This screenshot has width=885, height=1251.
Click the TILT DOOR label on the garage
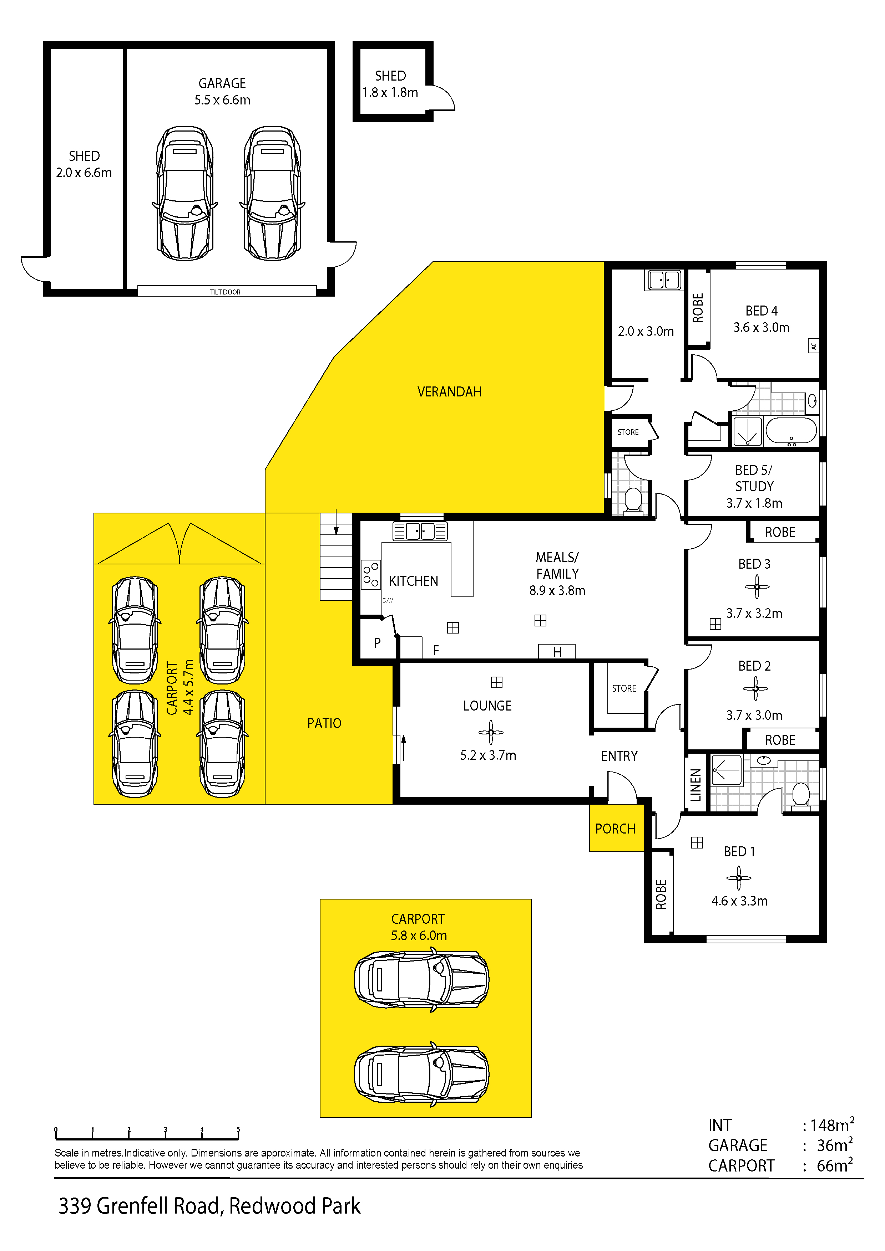coord(225,292)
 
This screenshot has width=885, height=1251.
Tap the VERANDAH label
coord(449,392)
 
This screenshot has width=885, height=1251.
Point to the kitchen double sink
coord(420,531)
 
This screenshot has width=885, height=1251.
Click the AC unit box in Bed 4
coord(813,345)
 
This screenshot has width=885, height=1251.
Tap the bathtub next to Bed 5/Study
coord(791,430)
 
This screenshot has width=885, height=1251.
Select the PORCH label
coord(615,829)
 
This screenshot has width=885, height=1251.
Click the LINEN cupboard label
coord(695,785)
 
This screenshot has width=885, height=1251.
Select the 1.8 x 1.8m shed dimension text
coord(390,93)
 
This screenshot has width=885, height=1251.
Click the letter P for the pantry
coord(377,643)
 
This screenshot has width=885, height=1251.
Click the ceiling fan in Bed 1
coord(739,878)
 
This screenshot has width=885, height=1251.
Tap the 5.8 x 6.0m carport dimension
coord(419,935)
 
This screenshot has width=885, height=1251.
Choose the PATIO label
coord(324,723)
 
